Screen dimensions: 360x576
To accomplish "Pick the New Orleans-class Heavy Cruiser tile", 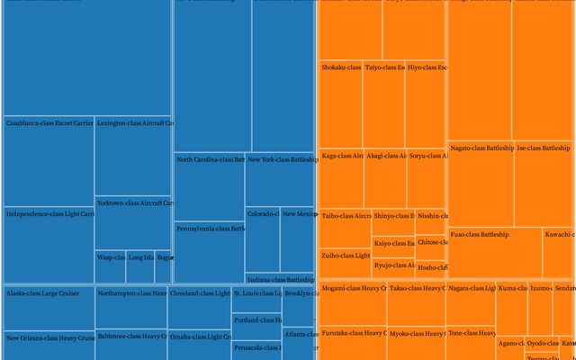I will click(49, 346).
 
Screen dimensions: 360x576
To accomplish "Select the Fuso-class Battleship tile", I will click(494, 252).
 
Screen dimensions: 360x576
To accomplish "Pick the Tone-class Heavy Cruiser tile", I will click(471, 343).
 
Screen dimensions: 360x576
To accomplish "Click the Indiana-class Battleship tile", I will click(279, 280).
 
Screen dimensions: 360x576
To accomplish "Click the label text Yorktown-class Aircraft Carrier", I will click(135, 202).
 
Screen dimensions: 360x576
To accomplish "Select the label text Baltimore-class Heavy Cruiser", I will click(131, 337).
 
